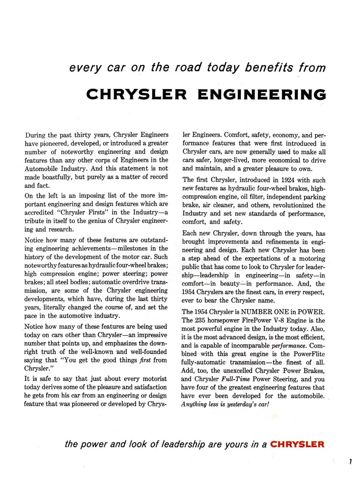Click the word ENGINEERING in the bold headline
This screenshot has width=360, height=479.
tap(262, 94)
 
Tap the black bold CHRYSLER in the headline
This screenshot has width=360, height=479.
tap(136, 94)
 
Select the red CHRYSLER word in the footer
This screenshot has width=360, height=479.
tap(297, 444)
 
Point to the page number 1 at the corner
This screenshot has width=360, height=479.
tap(351, 462)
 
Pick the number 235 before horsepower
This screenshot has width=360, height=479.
tap(200, 320)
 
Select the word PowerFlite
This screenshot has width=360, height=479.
tap(309, 354)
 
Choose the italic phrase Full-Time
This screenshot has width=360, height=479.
tap(236, 379)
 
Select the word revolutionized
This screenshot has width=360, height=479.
tap(289, 205)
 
